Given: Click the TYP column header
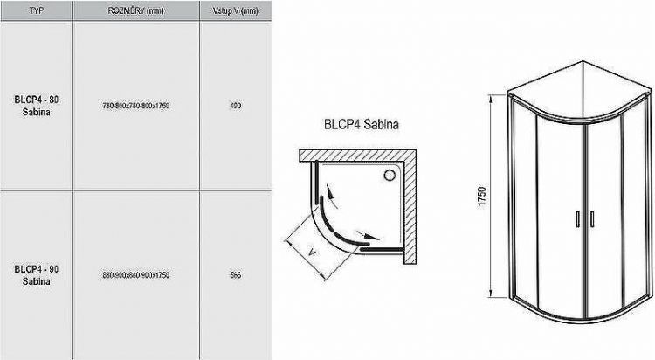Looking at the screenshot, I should tap(36, 10).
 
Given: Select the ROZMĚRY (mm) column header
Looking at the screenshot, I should tap(135, 10).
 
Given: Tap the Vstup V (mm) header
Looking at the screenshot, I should tap(235, 10).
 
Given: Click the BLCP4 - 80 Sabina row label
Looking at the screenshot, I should tap(36, 106).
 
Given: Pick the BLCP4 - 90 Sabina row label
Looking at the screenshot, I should tap(36, 276).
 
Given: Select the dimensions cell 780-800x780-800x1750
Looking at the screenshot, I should tap(135, 106).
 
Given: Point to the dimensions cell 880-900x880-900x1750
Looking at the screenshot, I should tap(135, 276).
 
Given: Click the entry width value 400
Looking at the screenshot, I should tap(235, 106).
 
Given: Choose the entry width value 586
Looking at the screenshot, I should tap(235, 276).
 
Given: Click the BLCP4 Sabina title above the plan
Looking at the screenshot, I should tap(361, 126).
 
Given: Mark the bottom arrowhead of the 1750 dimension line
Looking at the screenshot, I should tap(491, 294).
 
